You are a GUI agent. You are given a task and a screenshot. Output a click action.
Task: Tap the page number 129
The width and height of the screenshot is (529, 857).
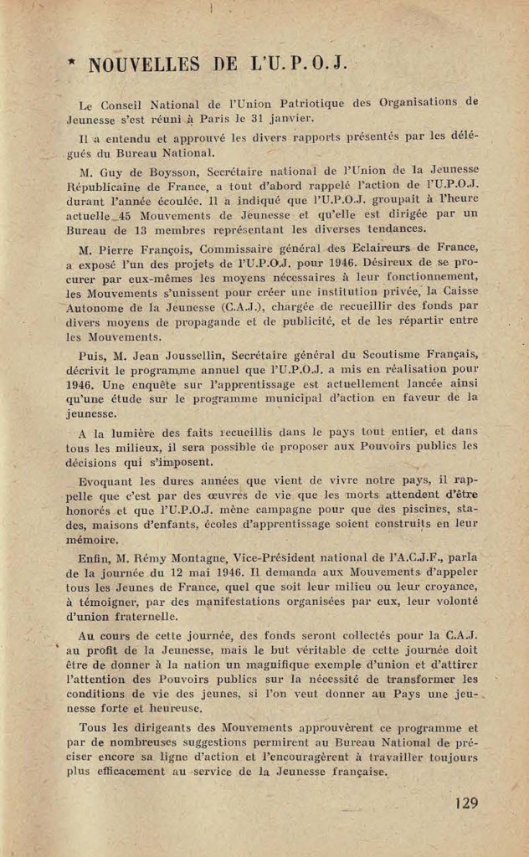tap(467, 803)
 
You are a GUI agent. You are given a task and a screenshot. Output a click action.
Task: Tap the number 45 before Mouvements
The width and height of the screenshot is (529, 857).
tap(131, 214)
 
